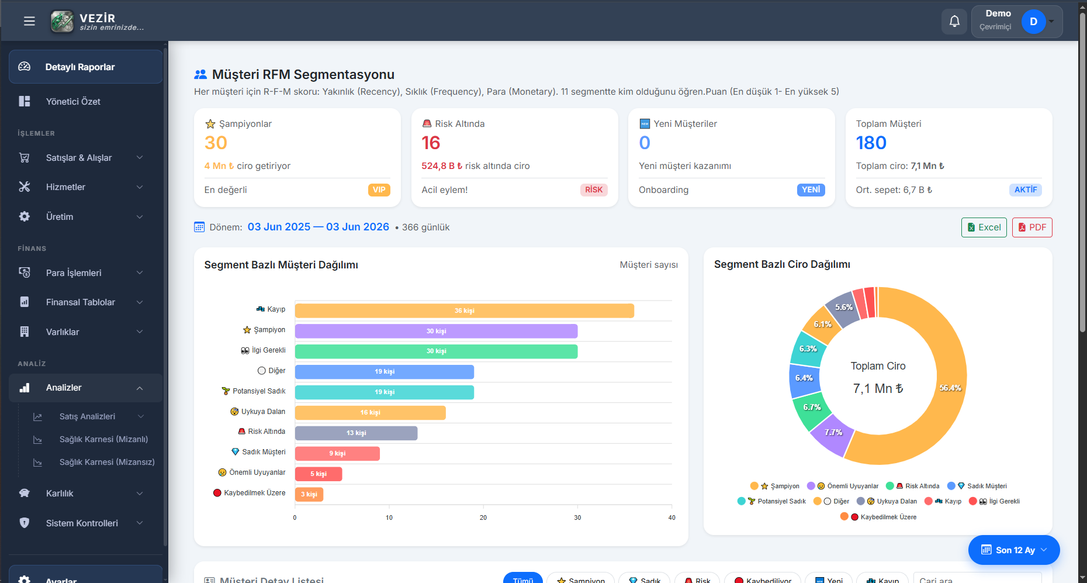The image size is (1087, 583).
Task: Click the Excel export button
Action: click(x=984, y=227)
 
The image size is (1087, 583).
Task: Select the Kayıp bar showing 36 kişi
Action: click(x=465, y=311)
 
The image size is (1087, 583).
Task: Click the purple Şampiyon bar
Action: click(x=436, y=331)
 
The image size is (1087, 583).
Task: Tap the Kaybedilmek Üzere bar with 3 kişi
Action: click(x=309, y=494)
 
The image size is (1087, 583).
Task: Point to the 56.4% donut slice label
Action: click(x=950, y=388)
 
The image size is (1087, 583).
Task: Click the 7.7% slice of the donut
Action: click(x=832, y=434)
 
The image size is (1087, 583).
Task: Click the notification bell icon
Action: click(x=954, y=22)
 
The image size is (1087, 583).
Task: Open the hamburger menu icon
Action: click(x=29, y=22)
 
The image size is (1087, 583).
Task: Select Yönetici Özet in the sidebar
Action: click(x=73, y=102)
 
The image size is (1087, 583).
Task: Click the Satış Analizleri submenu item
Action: click(x=87, y=416)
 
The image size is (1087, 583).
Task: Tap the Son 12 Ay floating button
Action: click(x=1014, y=550)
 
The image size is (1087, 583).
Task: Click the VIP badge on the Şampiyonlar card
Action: click(x=379, y=190)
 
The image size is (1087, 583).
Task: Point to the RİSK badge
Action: click(x=594, y=190)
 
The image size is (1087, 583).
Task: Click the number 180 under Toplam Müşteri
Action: click(x=871, y=143)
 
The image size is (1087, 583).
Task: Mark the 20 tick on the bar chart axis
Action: click(x=483, y=518)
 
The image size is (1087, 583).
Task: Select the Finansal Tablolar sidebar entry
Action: click(x=81, y=302)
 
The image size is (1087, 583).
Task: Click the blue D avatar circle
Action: click(x=1033, y=22)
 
